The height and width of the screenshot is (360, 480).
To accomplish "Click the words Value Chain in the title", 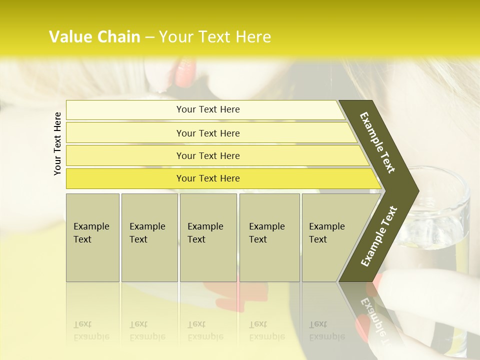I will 94,37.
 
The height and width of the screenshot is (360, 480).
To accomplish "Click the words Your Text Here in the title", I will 215,37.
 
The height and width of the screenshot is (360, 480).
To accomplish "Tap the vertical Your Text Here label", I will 57,143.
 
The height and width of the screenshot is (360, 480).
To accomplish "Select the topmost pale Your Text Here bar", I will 208,109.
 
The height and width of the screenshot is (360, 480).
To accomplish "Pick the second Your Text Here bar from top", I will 208,133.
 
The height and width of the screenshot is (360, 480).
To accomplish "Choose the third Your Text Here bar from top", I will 208,155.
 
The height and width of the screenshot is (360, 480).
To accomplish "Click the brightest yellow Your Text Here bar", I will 208,178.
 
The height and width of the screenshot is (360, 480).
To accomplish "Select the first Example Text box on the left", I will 92,237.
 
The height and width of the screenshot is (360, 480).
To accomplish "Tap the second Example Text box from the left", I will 149,237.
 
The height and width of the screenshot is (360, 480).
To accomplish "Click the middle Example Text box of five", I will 208,237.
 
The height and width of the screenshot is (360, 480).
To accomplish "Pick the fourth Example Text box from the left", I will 269,237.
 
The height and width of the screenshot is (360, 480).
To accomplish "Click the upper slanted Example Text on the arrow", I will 377,142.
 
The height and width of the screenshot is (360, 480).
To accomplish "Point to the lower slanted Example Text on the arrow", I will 378,236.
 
